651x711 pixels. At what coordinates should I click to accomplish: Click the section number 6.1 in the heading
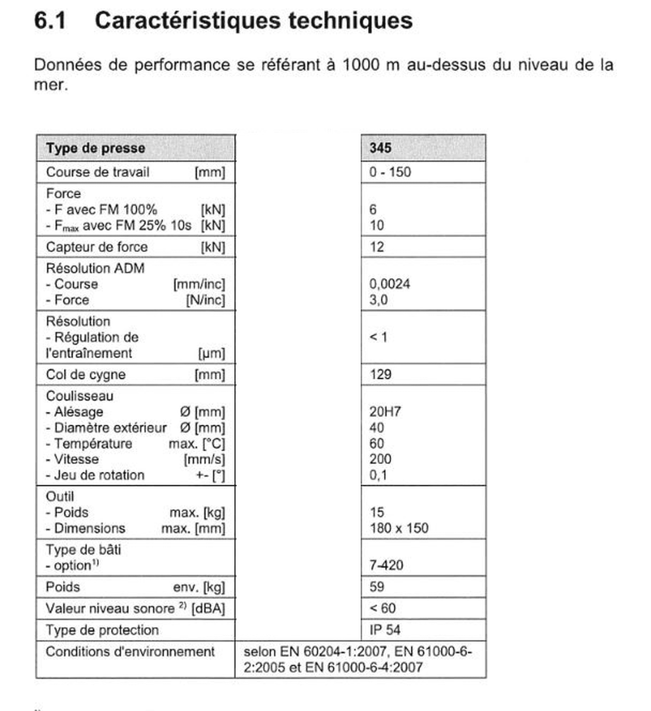[x=50, y=20]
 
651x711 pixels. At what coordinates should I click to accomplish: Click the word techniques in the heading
[x=350, y=20]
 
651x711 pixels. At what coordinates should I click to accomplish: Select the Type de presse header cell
[x=96, y=148]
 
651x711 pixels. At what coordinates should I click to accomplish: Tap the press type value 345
[x=380, y=148]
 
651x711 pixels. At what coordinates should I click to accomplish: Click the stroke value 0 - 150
[x=390, y=172]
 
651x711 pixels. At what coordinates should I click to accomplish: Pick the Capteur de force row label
[x=97, y=247]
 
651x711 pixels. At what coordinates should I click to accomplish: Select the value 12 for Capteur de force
[x=377, y=247]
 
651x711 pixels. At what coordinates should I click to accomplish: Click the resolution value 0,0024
[x=390, y=284]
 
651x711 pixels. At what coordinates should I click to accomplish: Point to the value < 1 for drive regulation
[x=378, y=337]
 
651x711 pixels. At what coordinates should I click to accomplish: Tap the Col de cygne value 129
[x=381, y=374]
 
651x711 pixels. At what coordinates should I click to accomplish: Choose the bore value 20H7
[x=385, y=412]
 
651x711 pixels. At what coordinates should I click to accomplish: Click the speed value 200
[x=380, y=459]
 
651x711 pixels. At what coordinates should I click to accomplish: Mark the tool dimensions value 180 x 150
[x=399, y=528]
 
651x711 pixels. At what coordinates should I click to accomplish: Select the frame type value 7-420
[x=386, y=565]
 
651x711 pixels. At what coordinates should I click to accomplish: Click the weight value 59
[x=377, y=587]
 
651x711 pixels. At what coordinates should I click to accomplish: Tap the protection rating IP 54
[x=385, y=630]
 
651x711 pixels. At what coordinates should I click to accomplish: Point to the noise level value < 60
[x=383, y=608]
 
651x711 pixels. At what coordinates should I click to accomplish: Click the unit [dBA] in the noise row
[x=208, y=608]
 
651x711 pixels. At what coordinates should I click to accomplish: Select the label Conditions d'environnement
[x=130, y=652]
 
